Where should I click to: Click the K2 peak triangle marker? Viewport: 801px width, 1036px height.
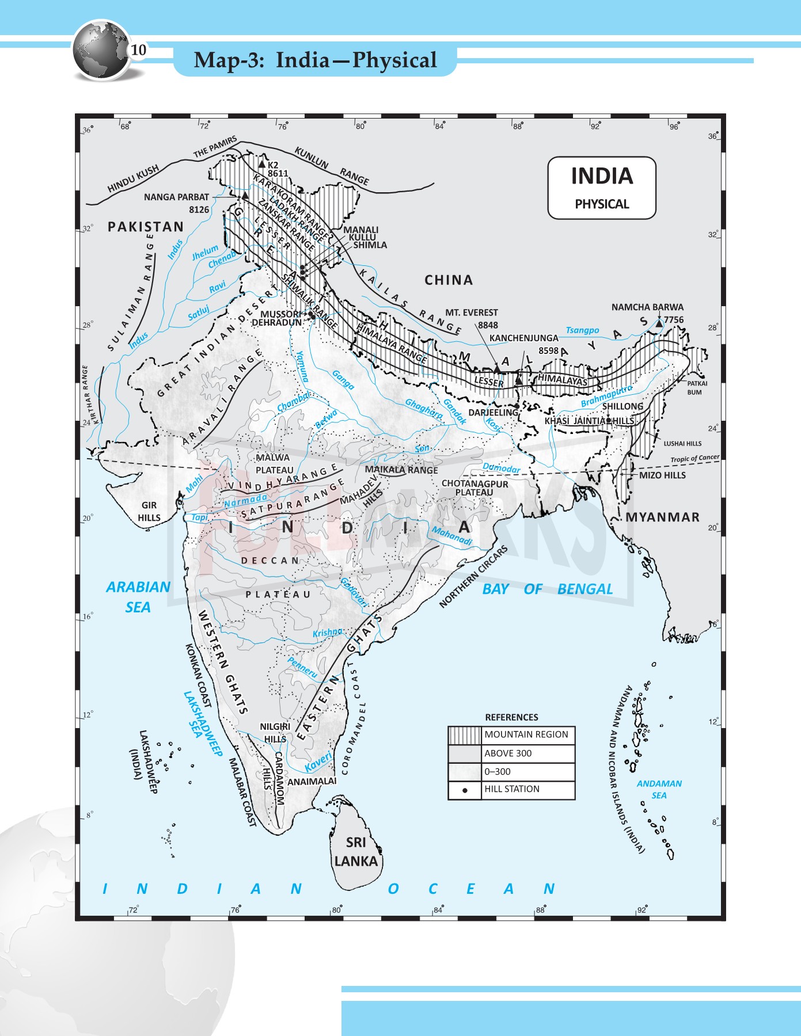tap(262, 165)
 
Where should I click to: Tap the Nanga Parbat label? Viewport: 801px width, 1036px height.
tap(176, 197)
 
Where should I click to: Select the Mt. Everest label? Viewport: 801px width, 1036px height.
tap(472, 313)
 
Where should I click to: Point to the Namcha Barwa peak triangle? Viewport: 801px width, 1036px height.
tap(659, 324)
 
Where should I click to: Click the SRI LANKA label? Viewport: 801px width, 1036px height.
tap(356, 852)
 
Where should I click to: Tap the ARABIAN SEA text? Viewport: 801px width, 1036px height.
tap(138, 597)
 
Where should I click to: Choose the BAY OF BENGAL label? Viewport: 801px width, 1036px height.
tap(547, 589)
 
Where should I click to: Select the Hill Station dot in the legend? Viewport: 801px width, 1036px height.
tap(465, 790)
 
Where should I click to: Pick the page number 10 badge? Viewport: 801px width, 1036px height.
tap(138, 50)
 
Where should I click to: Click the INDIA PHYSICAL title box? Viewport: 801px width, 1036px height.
tap(602, 188)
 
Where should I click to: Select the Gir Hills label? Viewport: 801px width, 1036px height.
tap(149, 511)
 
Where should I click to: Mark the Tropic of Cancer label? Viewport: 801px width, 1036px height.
tap(694, 459)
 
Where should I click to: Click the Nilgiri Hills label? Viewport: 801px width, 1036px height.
tap(275, 733)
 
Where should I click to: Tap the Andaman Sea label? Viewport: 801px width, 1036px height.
tap(659, 789)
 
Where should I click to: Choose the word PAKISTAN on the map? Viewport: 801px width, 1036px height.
tap(146, 227)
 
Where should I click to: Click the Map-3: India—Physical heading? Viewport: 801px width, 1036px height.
tap(315, 60)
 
